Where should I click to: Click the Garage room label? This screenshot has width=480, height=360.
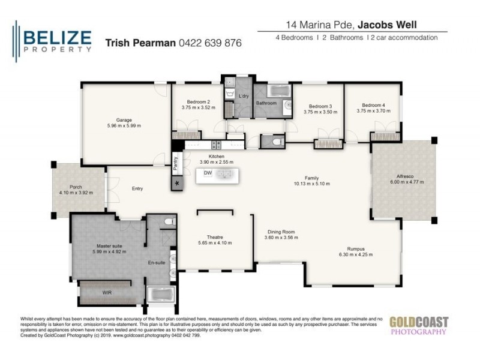coord(124,119)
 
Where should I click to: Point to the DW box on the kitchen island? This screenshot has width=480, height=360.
coord(208,173)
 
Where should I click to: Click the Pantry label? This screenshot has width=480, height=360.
coord(176,161)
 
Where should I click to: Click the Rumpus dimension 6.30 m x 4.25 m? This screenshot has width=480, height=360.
coord(356,254)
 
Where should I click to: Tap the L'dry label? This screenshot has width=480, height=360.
coord(244,97)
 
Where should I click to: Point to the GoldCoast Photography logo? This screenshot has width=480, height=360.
coord(418,325)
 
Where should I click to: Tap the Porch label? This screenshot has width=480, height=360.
coord(76,187)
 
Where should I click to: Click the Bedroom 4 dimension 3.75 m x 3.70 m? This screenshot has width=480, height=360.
coord(374,110)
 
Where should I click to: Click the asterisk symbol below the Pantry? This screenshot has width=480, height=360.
coord(177,184)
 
